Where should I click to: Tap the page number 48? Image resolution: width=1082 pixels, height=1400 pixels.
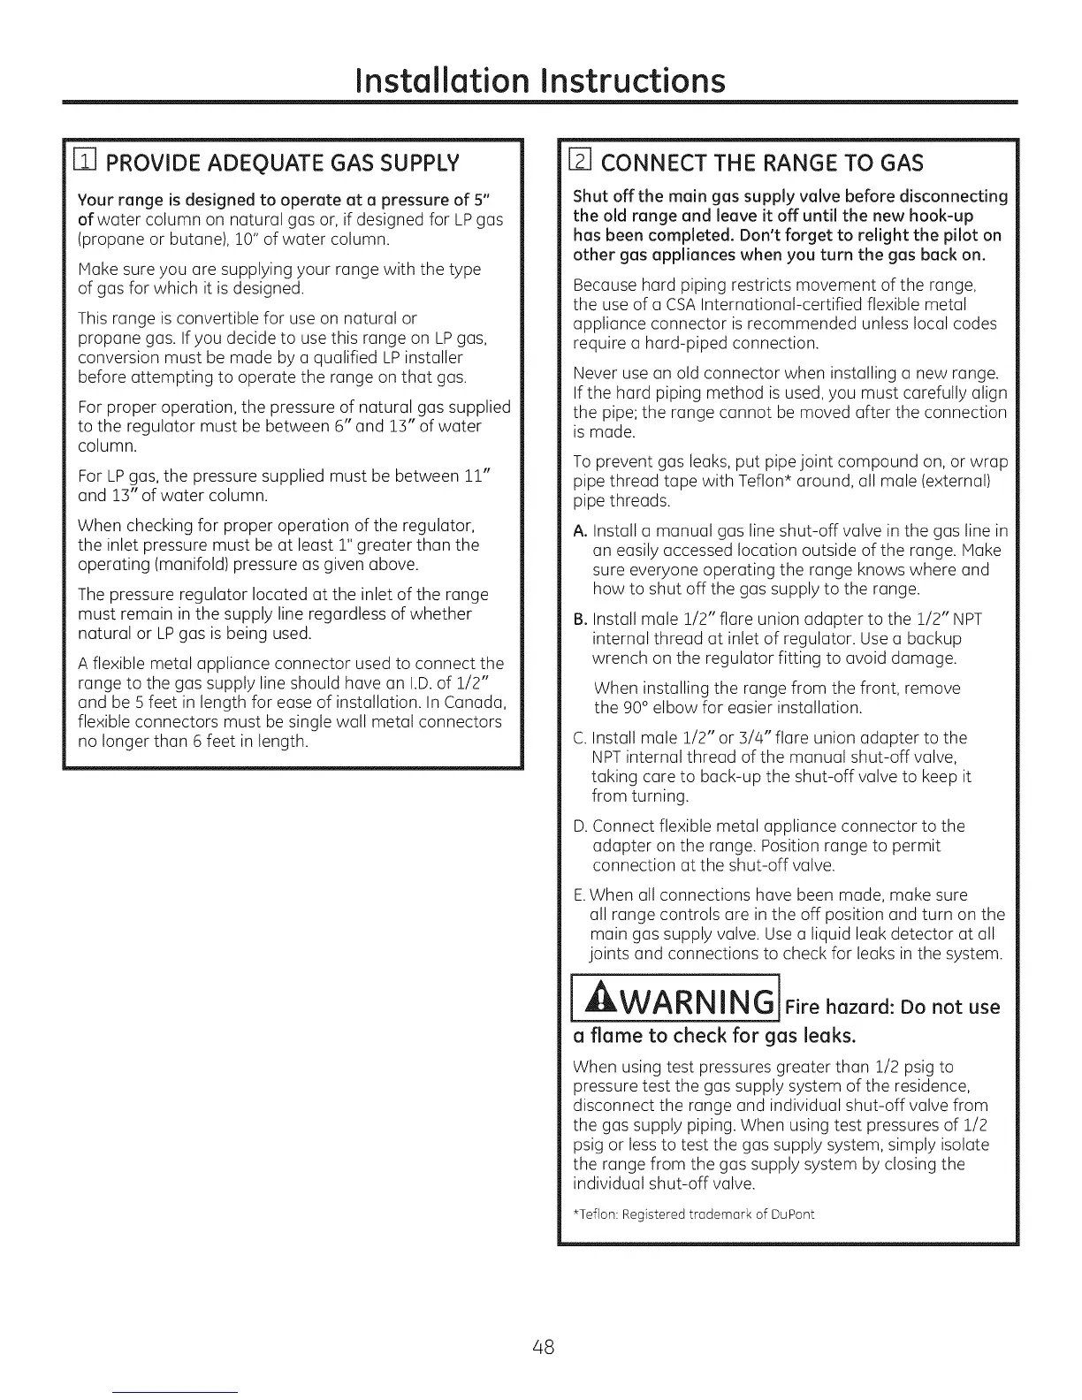542,1348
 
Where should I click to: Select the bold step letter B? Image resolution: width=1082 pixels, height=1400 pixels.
580,620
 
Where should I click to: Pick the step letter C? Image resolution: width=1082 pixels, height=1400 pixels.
580,738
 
